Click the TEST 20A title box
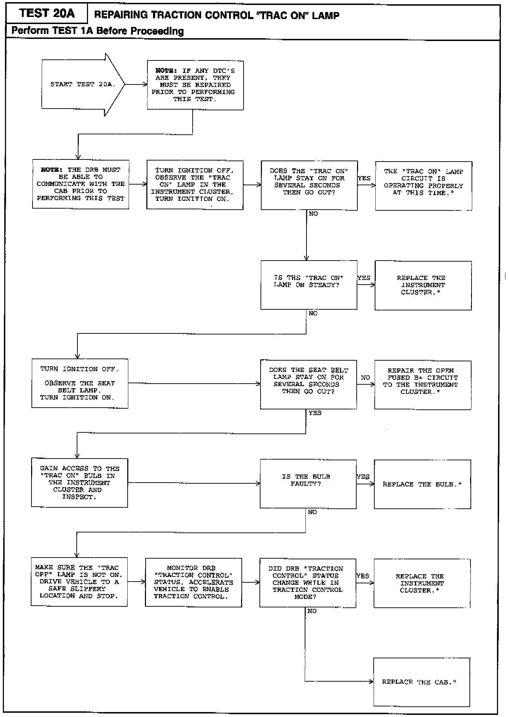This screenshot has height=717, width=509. pos(47,13)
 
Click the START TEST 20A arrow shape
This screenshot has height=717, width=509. pos(83,85)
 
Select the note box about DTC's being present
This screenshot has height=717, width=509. pos(195,85)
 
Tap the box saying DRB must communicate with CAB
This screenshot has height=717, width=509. pos(81,184)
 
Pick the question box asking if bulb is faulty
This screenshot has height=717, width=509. pos(308,484)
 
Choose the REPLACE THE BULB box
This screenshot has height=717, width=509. pos(422,484)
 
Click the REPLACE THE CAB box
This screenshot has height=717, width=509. pos(422,682)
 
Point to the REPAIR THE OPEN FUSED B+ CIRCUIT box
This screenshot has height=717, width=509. pos(423,385)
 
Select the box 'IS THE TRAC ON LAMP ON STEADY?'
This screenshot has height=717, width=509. pos(309,285)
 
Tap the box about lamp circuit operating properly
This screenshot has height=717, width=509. pos(423,186)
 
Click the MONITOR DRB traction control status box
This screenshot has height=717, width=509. pos(193,582)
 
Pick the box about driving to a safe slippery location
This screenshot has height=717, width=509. pos(79,582)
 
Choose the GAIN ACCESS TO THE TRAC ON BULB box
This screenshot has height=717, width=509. pos(80,483)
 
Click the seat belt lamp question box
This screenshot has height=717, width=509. pos(308,385)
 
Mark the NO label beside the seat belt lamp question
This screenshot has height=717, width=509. pos(365,378)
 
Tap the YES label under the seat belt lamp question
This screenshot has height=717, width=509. pos(315,413)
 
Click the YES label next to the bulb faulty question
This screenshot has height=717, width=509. pos(363,477)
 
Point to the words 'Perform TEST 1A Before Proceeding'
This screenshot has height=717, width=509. pos(98,31)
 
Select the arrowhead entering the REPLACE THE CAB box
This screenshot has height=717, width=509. pos(371,682)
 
